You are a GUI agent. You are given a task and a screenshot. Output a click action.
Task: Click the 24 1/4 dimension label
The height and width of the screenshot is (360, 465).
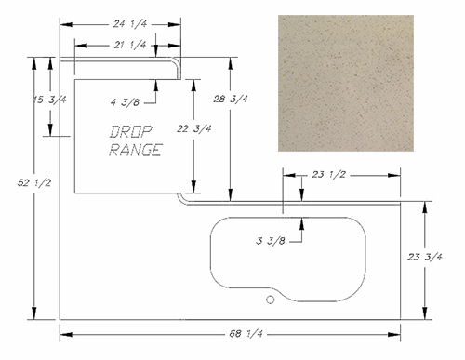click(x=130, y=24)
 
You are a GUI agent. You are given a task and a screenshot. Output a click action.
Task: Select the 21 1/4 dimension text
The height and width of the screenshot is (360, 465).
click(x=130, y=46)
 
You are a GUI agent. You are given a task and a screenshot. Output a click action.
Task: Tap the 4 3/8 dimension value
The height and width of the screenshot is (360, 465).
click(x=126, y=102)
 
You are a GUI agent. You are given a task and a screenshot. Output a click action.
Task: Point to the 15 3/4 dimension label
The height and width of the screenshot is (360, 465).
click(x=50, y=100)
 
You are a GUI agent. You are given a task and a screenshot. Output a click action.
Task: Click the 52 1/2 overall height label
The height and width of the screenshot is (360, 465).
click(x=34, y=183)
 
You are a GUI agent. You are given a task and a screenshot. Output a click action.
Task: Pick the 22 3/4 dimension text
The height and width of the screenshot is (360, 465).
click(x=194, y=128)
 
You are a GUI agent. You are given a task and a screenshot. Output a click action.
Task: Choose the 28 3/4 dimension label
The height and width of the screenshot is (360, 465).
click(x=231, y=99)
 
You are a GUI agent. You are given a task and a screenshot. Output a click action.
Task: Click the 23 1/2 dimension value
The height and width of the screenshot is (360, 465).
click(x=328, y=175)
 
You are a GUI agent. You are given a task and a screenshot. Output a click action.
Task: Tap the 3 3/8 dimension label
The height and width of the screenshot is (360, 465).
click(x=271, y=241)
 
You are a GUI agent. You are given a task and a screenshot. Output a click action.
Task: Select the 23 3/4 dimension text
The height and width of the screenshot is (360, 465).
click(x=425, y=257)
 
